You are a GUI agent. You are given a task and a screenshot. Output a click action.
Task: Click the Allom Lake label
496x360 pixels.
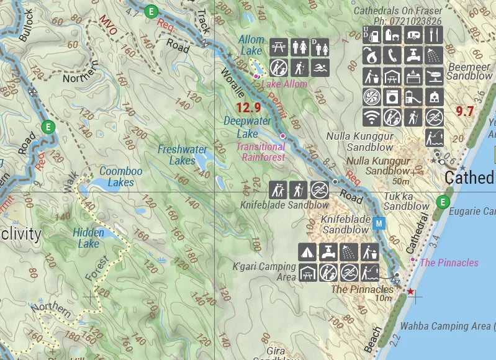pyautogui.click(x=251, y=45)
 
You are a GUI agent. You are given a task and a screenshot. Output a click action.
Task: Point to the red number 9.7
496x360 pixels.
pyautogui.click(x=464, y=112)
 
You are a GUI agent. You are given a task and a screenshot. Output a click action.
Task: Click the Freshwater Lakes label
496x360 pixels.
pyautogui.click(x=182, y=155)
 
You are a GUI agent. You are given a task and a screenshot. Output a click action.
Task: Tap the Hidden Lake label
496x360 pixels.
pyautogui.click(x=88, y=238)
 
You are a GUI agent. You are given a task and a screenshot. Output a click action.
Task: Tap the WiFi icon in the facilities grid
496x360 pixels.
pyautogui.click(x=371, y=117)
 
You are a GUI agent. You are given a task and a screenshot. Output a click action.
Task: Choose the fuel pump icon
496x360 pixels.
pyautogui.click(x=371, y=35)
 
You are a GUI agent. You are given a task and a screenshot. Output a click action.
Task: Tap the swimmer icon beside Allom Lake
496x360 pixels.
pyautogui.click(x=320, y=67)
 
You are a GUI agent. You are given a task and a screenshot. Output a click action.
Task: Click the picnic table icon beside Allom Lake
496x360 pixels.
pyautogui.click(x=279, y=47)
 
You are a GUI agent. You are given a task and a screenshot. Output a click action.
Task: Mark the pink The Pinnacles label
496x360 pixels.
pyautogui.click(x=449, y=263)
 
